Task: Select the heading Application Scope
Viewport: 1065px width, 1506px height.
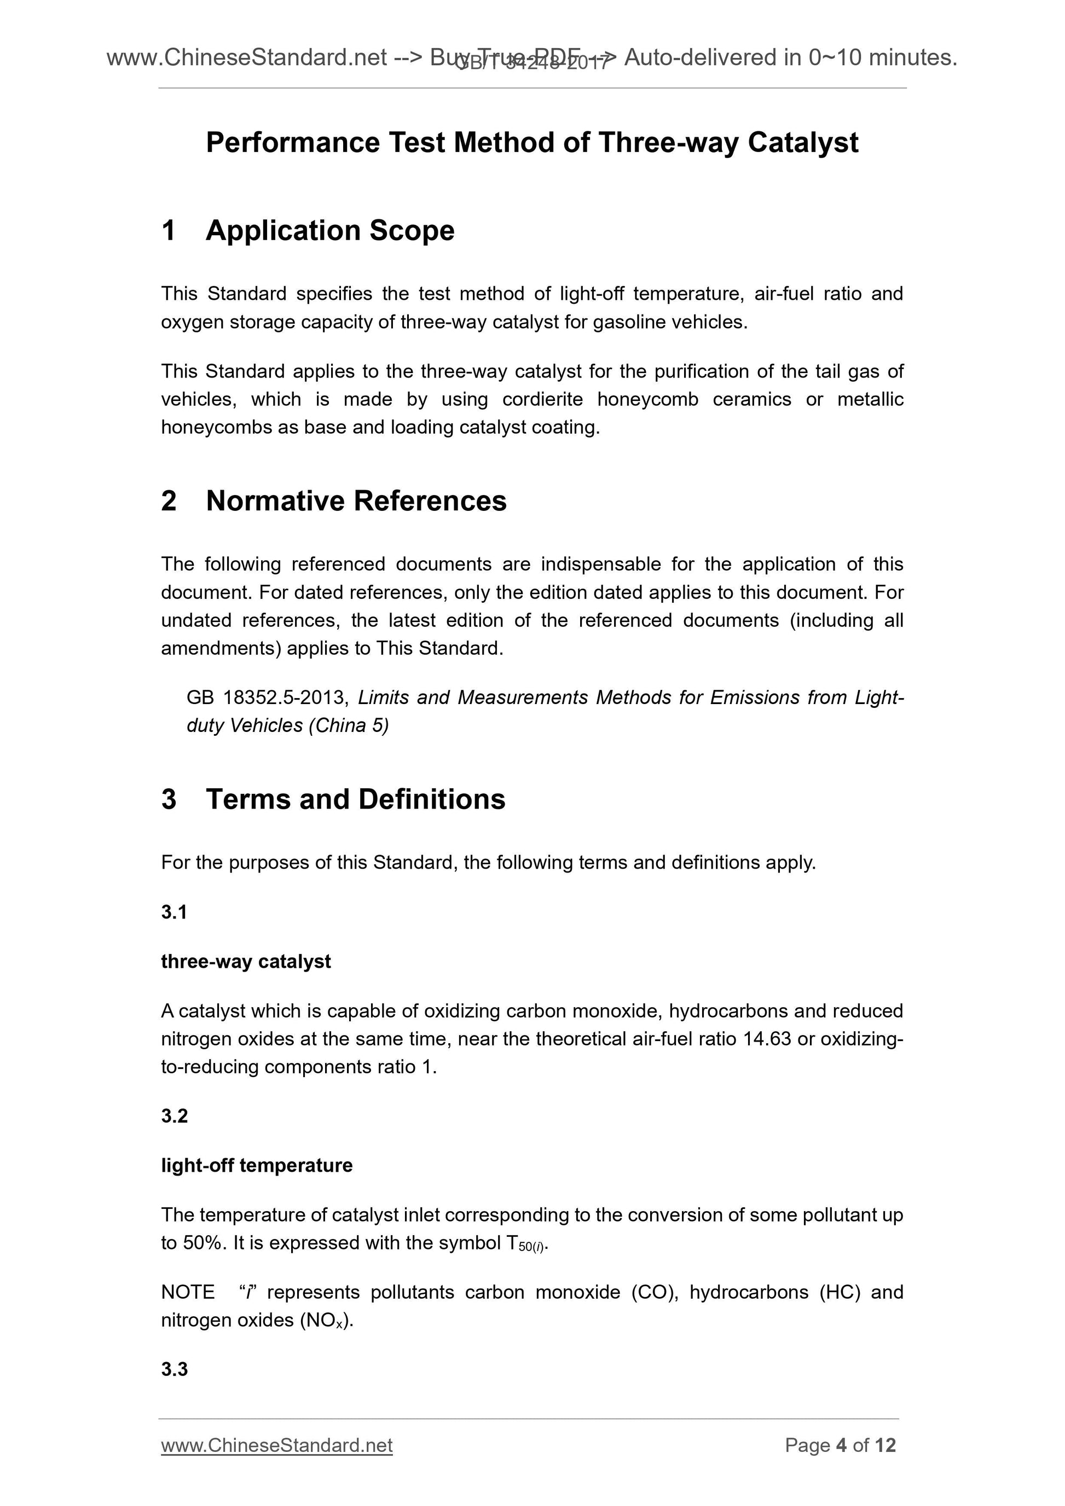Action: tap(329, 230)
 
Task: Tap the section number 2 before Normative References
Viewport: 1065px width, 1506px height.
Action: tap(169, 501)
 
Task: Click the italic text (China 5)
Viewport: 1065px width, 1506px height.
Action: tap(349, 725)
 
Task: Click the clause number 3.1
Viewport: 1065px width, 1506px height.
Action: tap(174, 912)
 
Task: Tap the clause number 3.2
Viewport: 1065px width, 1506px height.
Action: tap(174, 1116)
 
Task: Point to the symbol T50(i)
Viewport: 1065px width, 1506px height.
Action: tap(525, 1243)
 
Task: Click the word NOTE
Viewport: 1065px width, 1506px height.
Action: tap(188, 1292)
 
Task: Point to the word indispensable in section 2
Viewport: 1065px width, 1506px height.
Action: tap(600, 564)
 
